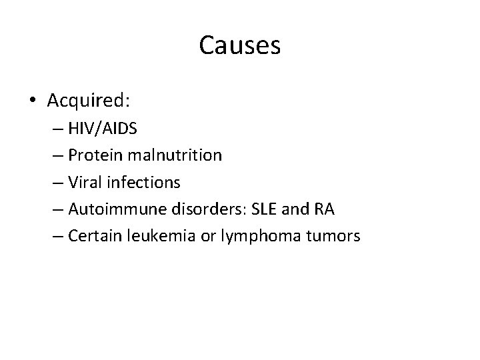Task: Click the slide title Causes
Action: coord(239,46)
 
